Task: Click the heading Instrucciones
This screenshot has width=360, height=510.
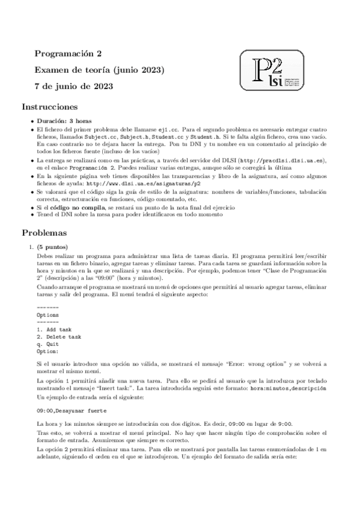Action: pos(50,108)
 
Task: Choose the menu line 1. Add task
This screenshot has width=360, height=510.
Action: pos(54,330)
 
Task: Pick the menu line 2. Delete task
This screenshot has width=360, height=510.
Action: pos(59,337)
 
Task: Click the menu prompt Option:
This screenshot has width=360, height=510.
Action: pos(48,351)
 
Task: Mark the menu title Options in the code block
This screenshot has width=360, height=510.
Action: pos(48,315)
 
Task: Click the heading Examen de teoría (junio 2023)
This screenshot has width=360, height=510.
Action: pos(99,70)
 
